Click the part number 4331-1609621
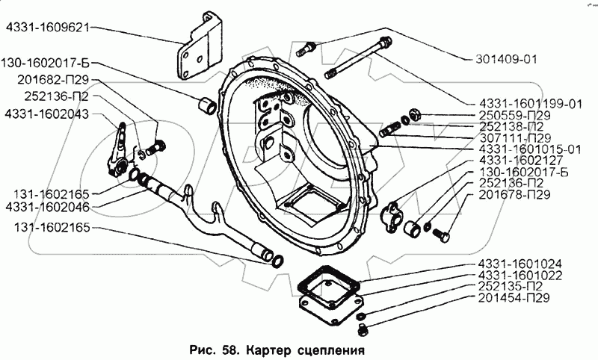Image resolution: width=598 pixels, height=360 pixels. [47, 29]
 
